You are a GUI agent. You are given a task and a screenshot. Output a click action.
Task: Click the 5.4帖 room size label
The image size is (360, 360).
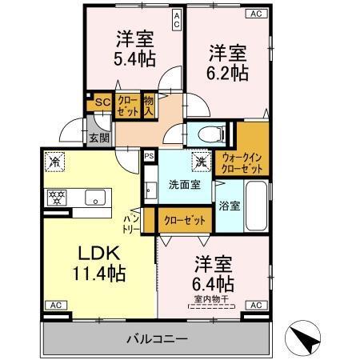coord(134,58)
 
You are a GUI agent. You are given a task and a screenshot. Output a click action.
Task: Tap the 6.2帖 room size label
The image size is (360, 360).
coord(229,71)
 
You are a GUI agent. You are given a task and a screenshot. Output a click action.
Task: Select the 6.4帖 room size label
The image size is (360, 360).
coord(214,283)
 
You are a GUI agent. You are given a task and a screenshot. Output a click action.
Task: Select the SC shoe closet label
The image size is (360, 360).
coord(102,102)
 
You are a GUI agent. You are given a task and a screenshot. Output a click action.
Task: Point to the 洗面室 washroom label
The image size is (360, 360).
coord(183,185)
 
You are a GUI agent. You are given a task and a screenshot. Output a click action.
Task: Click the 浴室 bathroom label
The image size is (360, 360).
coord(230,206)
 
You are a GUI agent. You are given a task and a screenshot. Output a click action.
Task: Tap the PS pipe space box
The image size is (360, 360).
coord(149,156)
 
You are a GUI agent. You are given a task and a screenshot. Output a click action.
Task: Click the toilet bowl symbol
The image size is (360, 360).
coord(202,132)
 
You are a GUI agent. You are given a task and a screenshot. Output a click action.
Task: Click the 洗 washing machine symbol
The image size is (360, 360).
coord(200,160)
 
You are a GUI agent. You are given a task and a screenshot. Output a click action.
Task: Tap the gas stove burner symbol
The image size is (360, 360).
coord(58,195)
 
